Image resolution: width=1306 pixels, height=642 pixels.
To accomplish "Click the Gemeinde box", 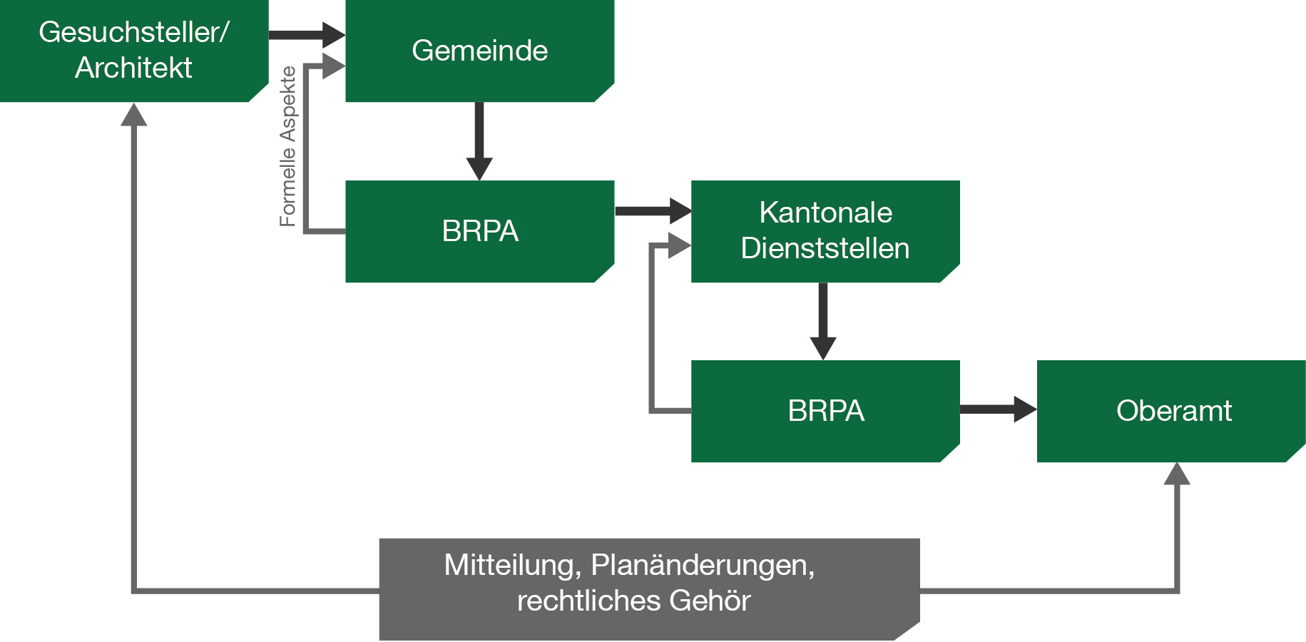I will pyautogui.click(x=479, y=51).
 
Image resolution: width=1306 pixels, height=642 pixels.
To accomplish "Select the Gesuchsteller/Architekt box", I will pyautogui.click(x=133, y=51).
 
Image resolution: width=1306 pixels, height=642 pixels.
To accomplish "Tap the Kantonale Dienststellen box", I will pyautogui.click(x=825, y=230).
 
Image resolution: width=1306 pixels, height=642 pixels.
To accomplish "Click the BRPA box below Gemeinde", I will pyautogui.click(x=479, y=231).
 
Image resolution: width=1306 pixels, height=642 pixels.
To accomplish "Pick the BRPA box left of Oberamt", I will pyautogui.click(x=825, y=411).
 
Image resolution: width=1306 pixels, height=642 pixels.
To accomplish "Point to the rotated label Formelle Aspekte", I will pyautogui.click(x=287, y=147).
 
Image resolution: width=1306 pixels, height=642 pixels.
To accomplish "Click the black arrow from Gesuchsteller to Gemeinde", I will pyautogui.click(x=307, y=34).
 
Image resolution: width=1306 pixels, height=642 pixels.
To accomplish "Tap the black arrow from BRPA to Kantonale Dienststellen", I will pyautogui.click(x=653, y=210).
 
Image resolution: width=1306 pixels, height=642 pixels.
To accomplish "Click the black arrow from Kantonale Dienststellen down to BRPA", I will pyautogui.click(x=823, y=321).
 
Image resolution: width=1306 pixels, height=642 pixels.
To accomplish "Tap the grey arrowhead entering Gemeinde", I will pyautogui.click(x=333, y=66).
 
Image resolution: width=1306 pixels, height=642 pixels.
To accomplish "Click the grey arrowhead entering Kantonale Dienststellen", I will pyautogui.click(x=679, y=246).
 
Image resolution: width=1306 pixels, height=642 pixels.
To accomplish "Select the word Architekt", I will pyautogui.click(x=133, y=68).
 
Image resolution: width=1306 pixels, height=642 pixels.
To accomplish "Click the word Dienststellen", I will pyautogui.click(x=825, y=249).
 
